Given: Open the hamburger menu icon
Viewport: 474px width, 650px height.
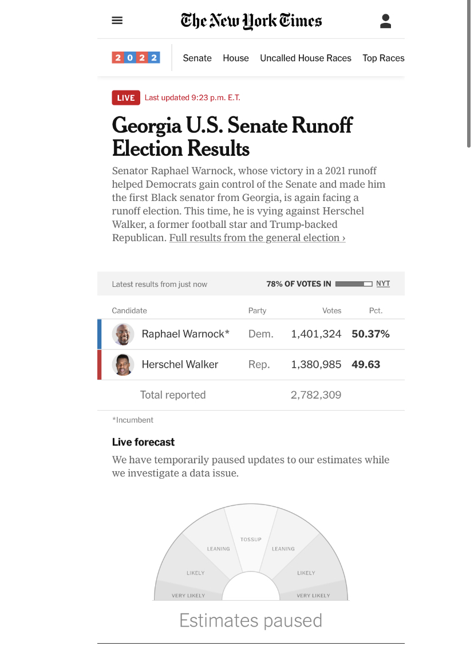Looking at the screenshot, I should click(117, 21).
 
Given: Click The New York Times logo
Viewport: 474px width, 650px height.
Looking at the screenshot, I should click(251, 21).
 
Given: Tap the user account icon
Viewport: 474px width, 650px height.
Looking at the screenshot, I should click(386, 21).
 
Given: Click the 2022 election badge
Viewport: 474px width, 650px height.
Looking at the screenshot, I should click(136, 58).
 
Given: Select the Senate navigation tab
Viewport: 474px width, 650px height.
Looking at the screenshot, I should click(197, 58).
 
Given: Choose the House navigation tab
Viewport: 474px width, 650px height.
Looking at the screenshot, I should click(236, 58).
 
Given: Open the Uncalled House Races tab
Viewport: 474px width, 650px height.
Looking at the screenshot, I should click(306, 58).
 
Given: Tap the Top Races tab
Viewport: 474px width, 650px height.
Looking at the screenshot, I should click(383, 58).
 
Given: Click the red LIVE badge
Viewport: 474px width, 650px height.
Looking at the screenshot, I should click(125, 97).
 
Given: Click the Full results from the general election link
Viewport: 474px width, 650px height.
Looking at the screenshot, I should click(257, 238).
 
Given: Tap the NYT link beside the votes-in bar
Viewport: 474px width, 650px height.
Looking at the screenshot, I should click(383, 283).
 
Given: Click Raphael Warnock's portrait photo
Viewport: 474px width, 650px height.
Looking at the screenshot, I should click(123, 334).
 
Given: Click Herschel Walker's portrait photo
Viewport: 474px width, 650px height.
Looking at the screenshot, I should click(123, 364).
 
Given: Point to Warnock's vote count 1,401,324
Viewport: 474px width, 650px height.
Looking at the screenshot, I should click(316, 334).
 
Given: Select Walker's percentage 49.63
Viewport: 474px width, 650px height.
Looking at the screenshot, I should click(366, 364).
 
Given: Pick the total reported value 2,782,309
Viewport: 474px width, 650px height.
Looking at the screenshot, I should click(316, 395).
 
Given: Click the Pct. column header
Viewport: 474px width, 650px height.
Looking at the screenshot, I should click(376, 310).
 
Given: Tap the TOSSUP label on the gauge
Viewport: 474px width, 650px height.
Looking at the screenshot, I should click(251, 539).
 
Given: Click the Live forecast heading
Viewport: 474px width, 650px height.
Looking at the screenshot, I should click(143, 442).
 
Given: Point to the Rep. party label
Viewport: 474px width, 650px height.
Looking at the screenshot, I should click(259, 364).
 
